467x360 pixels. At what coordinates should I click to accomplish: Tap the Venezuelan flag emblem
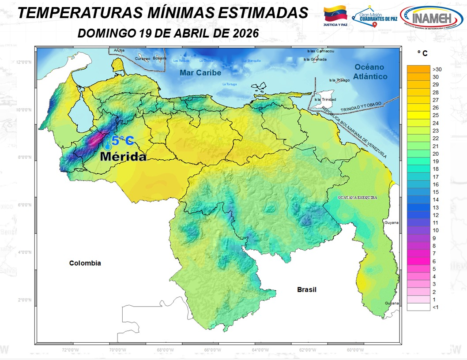[336, 15]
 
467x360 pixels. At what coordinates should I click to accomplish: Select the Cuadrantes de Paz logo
[375, 18]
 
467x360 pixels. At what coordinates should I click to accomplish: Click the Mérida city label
[123, 156]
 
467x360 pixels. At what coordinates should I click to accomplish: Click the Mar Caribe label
[200, 73]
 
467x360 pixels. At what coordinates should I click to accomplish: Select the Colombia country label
[85, 263]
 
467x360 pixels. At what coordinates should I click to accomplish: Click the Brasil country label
[306, 289]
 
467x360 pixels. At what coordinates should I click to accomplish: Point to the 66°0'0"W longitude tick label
[212, 350]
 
